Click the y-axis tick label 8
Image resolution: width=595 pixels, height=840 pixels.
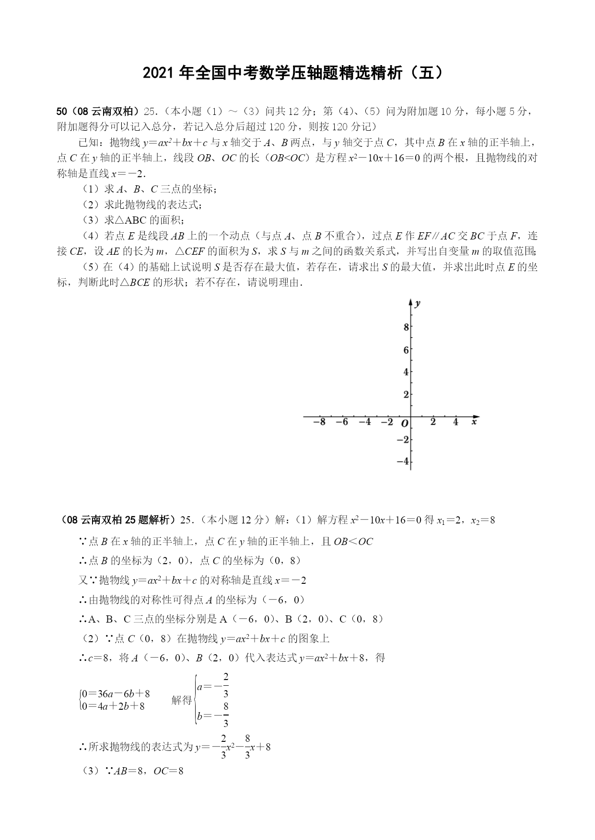(x=406, y=328)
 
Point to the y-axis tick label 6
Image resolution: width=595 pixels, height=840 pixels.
(x=406, y=350)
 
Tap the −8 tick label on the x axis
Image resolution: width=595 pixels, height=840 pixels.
(x=319, y=422)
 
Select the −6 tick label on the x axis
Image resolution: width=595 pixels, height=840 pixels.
(x=342, y=422)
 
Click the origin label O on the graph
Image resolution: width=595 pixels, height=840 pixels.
(x=405, y=423)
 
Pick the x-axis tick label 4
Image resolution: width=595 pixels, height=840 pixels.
(x=455, y=422)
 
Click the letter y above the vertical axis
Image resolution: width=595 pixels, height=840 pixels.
(x=418, y=303)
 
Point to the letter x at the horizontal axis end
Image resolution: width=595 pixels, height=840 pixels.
(x=474, y=422)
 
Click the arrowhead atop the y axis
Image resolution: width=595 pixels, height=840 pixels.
(x=410, y=302)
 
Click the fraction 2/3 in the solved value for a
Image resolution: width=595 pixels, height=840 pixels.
(x=225, y=685)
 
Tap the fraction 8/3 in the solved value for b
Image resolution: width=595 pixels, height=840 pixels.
(x=225, y=715)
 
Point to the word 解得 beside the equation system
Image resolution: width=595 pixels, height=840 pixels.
(x=182, y=700)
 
